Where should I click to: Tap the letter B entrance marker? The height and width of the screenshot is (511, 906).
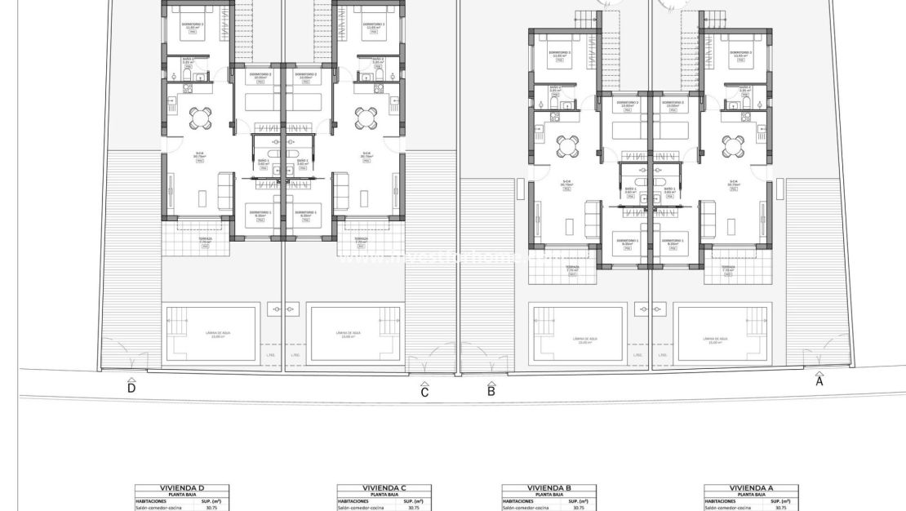pos(491,390)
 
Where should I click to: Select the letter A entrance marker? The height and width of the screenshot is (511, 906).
pos(819,380)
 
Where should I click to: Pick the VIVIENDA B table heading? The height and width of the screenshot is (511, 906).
pos(548,488)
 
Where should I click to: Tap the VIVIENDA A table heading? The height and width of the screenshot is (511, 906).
pos(751,488)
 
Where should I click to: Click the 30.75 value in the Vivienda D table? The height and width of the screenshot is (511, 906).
pos(212,508)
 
